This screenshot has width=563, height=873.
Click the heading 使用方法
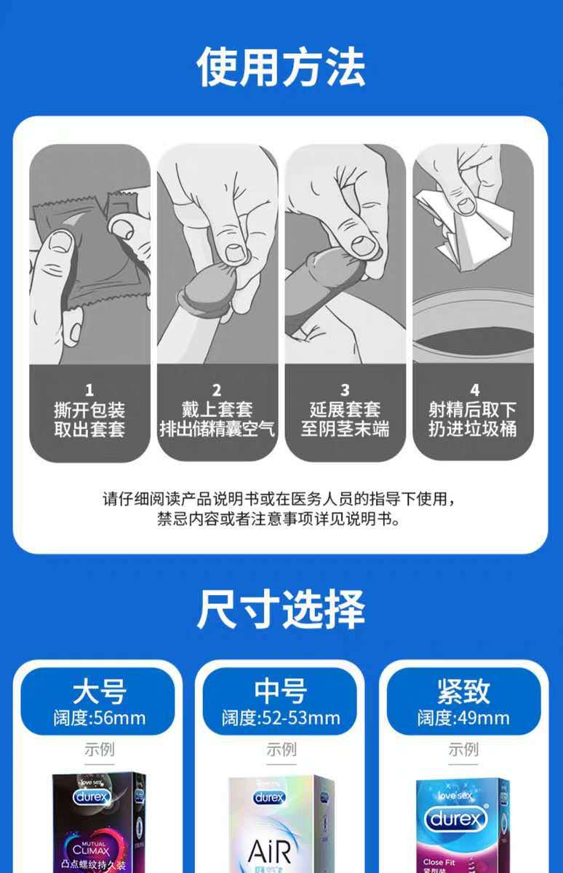[281, 67]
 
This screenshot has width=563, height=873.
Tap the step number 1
[89, 391]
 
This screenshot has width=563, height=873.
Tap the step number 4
[474, 391]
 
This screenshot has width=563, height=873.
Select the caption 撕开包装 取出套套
[89, 420]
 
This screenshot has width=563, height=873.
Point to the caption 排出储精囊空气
[217, 429]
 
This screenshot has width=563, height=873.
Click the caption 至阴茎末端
[345, 429]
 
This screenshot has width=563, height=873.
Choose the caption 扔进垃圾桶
[474, 429]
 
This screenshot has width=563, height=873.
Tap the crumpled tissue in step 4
[466, 218]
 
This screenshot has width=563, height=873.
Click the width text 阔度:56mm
[99, 719]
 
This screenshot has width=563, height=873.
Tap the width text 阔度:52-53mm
[281, 719]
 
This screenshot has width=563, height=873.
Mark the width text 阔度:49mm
[463, 719]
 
